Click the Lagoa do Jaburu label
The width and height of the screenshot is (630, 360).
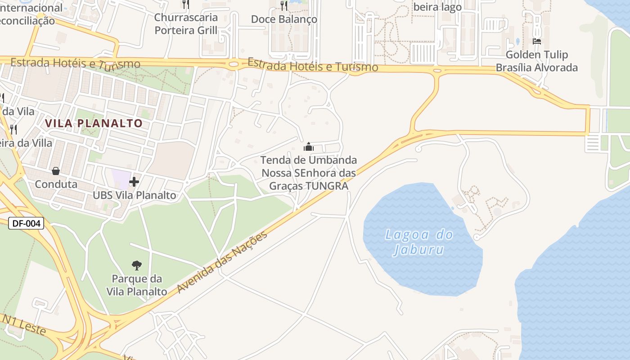(418, 242)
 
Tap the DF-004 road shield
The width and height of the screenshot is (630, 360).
(26, 223)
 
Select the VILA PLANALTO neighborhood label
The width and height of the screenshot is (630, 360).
(94, 123)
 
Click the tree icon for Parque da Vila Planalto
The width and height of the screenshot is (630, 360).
(136, 265)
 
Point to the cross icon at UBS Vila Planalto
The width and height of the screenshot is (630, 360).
(134, 182)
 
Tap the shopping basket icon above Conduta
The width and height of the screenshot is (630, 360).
(56, 171)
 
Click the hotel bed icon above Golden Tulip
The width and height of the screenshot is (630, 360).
(536, 41)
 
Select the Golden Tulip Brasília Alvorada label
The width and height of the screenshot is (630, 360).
(537, 61)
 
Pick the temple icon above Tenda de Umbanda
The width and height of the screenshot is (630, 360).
(309, 147)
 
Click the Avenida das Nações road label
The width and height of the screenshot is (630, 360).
(222, 262)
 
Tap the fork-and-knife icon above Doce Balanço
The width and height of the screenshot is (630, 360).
(283, 5)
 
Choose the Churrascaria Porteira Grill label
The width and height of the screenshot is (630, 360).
(186, 24)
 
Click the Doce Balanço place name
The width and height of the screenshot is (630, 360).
(284, 19)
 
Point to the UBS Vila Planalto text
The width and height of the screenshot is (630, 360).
(135, 195)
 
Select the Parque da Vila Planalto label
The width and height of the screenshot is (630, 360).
(137, 285)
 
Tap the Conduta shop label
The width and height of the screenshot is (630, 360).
(56, 184)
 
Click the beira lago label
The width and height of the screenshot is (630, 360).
(437, 7)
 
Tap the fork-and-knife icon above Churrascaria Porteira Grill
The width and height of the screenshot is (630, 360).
(185, 4)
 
